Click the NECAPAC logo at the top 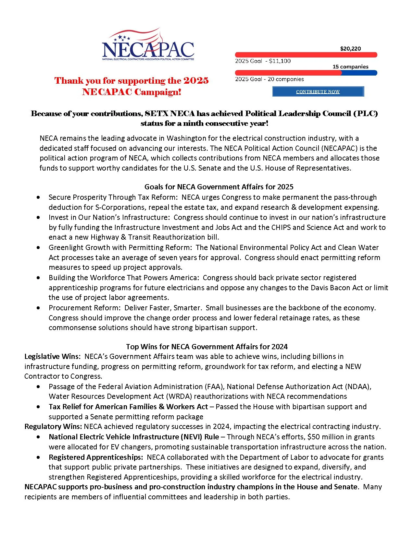148,45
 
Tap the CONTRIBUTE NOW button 318,92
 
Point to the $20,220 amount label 350,49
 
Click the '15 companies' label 350,67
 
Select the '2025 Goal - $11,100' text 263,61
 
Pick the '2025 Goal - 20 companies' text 269,79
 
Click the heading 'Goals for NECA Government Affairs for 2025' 219,187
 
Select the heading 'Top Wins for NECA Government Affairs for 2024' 207,347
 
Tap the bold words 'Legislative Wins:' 52,357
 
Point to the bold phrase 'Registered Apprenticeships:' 96,457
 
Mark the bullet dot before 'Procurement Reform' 39,308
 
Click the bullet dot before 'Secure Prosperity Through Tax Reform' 39,197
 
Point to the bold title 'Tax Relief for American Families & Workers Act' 128,407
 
